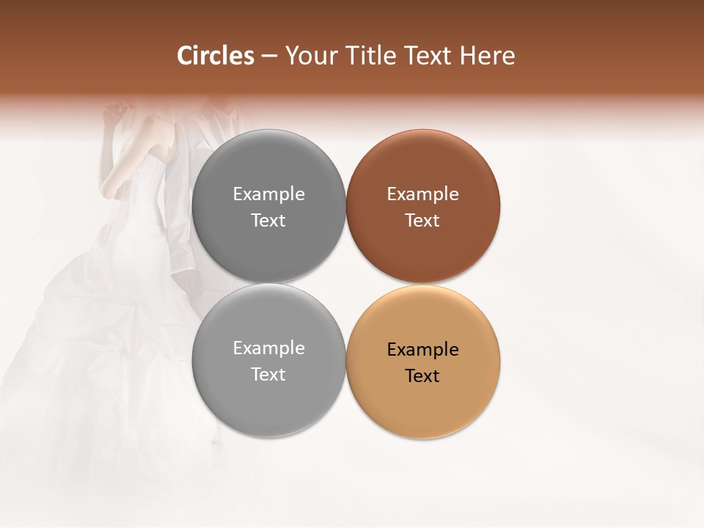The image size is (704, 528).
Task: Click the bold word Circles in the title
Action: coord(216,56)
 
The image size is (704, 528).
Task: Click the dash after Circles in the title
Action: coord(269,56)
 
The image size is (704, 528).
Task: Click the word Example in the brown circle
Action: coord(423,194)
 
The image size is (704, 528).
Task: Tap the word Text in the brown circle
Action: coord(422,221)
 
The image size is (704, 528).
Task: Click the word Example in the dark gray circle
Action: coord(268,194)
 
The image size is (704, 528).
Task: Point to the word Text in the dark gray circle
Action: coord(268,221)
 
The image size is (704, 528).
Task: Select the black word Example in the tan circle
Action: coord(423,350)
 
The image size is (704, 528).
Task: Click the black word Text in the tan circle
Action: coord(422,376)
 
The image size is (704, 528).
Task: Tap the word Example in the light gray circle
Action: coord(268,348)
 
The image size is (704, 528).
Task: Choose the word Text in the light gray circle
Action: coord(268,375)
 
